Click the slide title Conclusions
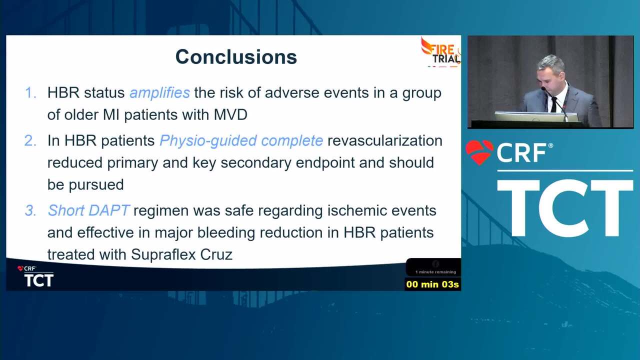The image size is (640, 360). [236, 57]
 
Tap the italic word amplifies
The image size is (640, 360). [159, 93]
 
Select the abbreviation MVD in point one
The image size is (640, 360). [230, 115]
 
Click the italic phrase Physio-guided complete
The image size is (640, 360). [241, 141]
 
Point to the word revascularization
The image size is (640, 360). [385, 140]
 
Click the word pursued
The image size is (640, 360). [96, 185]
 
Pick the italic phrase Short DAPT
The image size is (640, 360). [89, 210]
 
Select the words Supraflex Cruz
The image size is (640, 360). [181, 254]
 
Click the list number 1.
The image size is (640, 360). [30, 93]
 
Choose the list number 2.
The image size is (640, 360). [30, 141]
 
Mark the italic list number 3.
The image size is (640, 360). [30, 211]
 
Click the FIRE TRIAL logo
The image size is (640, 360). [441, 52]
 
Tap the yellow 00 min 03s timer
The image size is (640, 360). [432, 284]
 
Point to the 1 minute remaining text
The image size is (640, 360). [435, 272]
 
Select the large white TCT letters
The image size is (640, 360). [565, 208]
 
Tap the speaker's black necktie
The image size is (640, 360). [554, 104]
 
